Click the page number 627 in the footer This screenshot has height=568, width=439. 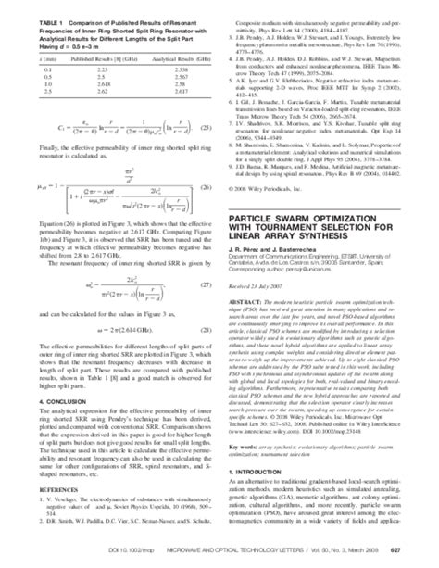click(420, 558)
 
